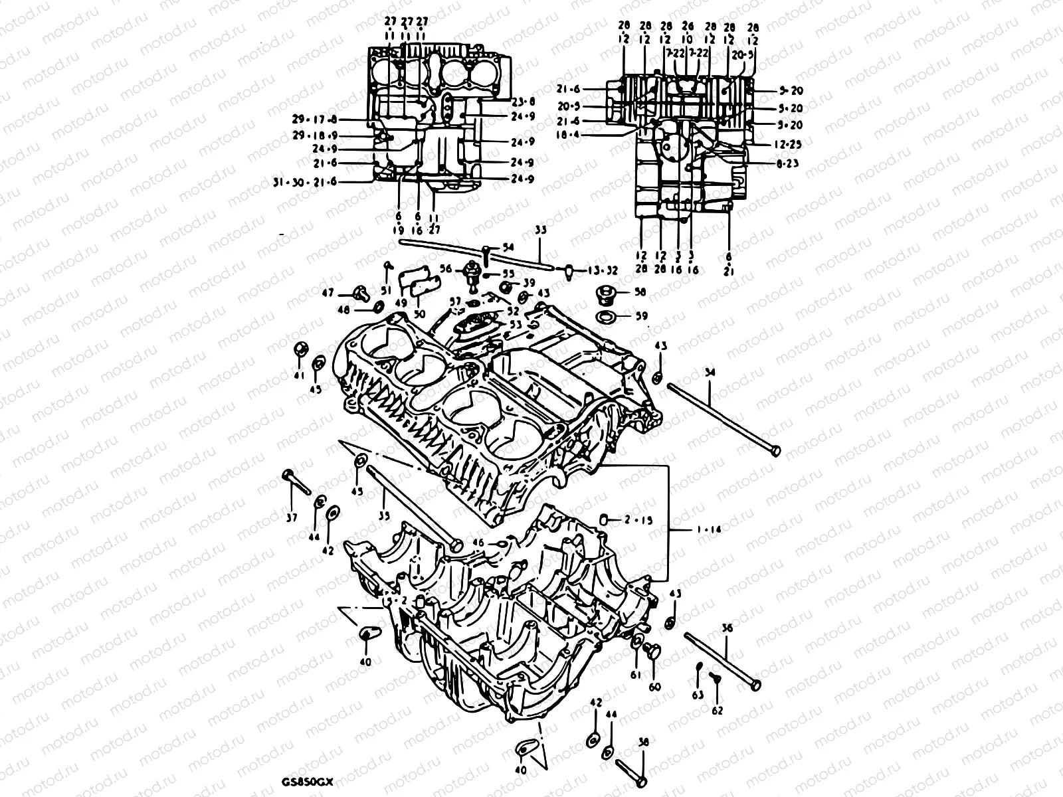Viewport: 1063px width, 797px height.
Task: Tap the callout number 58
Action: (x=639, y=292)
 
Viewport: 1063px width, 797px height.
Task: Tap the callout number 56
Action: (x=445, y=270)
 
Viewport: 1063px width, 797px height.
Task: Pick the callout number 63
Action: (x=697, y=695)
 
